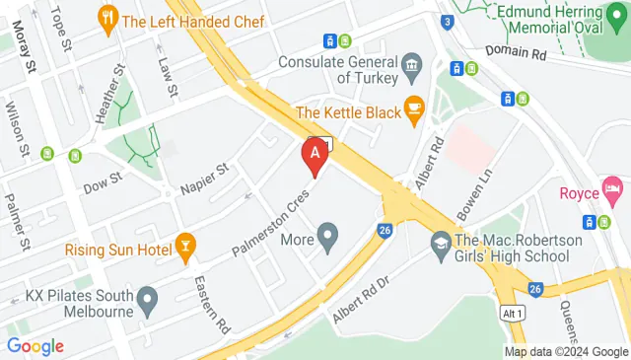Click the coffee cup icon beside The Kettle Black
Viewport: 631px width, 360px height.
(414, 110)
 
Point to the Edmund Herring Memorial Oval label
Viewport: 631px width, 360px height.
(552, 20)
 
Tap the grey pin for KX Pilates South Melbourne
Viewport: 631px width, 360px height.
(147, 296)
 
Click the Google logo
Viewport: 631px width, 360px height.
(35, 346)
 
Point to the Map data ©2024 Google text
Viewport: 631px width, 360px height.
(565, 351)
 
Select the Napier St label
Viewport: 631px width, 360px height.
(203, 180)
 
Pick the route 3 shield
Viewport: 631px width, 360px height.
(448, 22)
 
